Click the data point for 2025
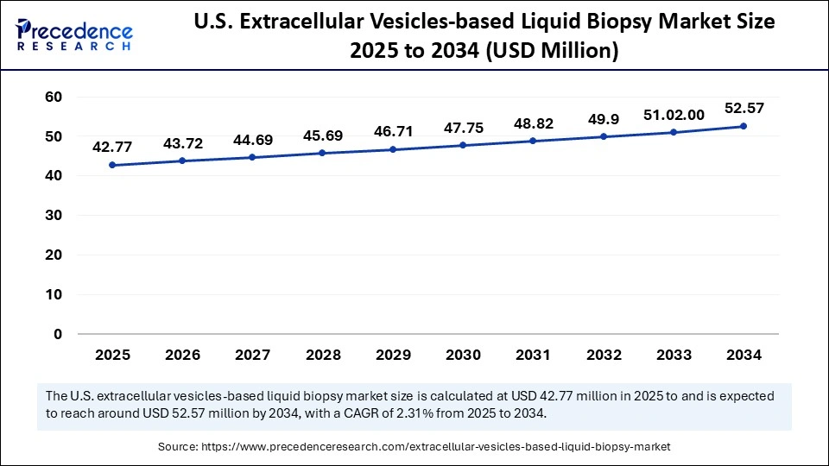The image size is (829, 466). (x=113, y=165)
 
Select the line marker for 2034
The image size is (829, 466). (x=744, y=126)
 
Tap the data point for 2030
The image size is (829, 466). (x=463, y=145)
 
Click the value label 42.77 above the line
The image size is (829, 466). (x=113, y=146)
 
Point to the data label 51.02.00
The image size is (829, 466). (x=674, y=114)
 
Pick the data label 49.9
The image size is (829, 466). (x=604, y=118)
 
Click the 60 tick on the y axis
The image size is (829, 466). (x=54, y=97)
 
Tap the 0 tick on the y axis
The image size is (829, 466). (x=58, y=334)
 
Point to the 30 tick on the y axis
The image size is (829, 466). (x=54, y=216)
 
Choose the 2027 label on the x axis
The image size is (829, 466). (x=253, y=355)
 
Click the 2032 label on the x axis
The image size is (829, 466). (x=604, y=355)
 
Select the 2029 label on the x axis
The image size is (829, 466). (x=393, y=355)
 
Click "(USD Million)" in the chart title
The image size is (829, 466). (x=553, y=52)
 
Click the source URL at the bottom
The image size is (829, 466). (x=436, y=446)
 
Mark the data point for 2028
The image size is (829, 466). (x=323, y=153)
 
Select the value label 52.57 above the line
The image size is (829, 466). (x=744, y=107)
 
